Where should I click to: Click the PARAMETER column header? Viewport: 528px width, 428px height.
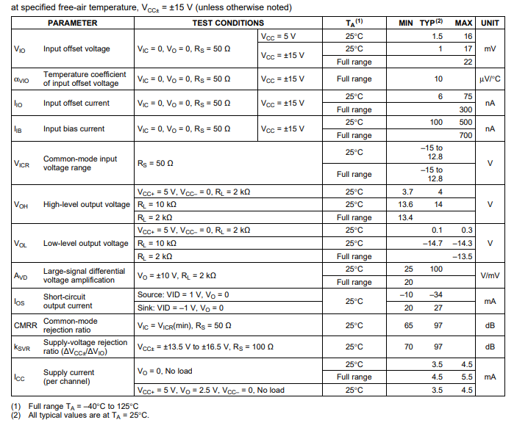72,23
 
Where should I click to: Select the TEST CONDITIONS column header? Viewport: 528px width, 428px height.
228,23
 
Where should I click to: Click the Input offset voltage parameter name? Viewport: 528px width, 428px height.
76,49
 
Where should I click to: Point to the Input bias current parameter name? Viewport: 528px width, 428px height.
74,129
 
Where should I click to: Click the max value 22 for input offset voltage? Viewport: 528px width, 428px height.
468,62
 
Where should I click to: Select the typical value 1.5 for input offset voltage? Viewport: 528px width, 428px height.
438,36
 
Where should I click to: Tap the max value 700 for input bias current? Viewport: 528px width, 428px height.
466,136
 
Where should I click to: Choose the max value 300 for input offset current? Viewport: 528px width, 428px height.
466,110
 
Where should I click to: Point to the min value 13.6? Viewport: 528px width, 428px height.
405,205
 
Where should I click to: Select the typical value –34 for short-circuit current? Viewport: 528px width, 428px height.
437,295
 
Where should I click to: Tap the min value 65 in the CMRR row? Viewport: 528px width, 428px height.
408,325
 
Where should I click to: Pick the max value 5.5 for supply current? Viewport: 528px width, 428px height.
466,377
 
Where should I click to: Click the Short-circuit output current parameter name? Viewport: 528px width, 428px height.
68,301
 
